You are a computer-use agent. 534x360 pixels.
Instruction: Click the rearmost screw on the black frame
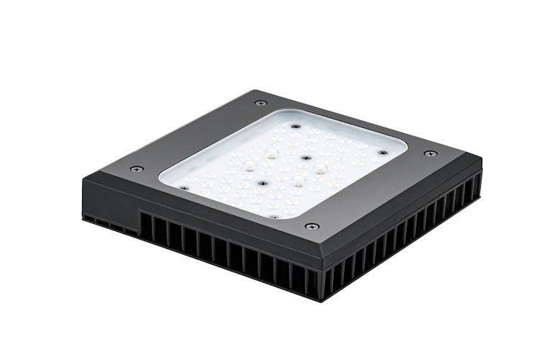click(x=261, y=103)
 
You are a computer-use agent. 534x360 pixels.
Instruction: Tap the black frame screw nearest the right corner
click(x=430, y=153)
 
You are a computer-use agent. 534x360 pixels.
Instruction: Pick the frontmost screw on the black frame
click(x=311, y=226)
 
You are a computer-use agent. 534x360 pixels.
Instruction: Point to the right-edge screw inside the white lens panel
click(x=382, y=153)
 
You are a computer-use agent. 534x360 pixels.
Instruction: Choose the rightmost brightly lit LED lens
click(x=319, y=168)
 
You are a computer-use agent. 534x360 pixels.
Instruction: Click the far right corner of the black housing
click(x=481, y=164)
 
